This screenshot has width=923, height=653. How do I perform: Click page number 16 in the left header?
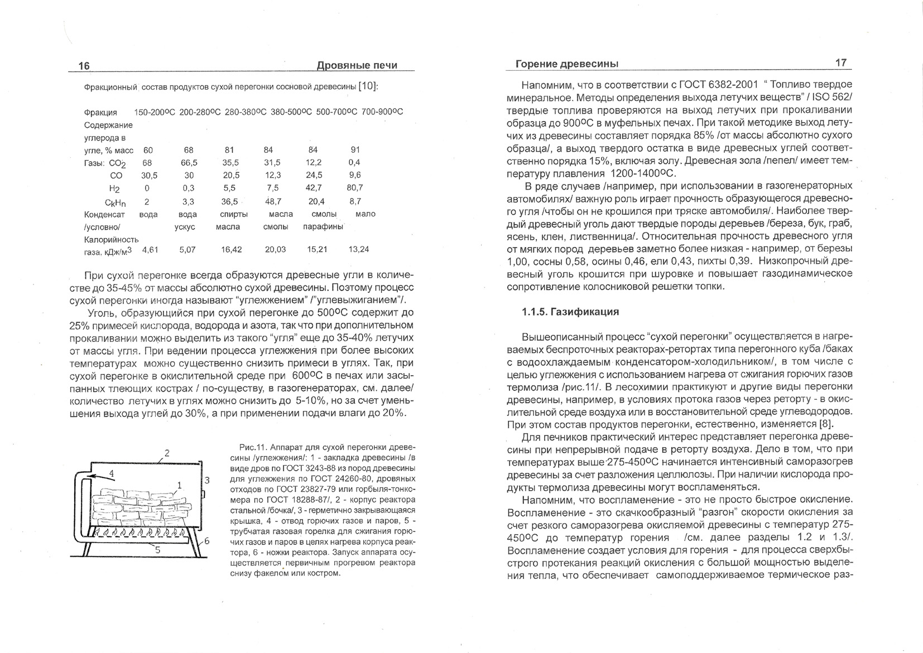tap(84, 66)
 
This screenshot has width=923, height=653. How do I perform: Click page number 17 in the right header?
tap(841, 63)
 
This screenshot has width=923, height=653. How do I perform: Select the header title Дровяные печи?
tap(357, 66)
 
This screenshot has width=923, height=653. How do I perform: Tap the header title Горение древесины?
tap(566, 64)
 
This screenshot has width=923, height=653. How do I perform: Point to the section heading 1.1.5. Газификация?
tap(570, 312)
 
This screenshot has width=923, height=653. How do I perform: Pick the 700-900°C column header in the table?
tap(382, 112)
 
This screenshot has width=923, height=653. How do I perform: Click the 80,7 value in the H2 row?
tap(355, 188)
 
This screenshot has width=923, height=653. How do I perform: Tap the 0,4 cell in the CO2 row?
tap(354, 162)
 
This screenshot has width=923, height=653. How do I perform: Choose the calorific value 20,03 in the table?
tap(275, 250)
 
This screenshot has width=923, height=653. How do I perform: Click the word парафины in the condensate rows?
tap(323, 227)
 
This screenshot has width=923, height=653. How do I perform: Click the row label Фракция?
tap(100, 113)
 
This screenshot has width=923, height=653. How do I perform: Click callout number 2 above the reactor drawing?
tap(166, 452)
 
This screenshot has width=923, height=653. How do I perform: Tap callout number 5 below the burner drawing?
tap(157, 549)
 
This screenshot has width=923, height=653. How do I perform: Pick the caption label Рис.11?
tap(253, 448)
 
